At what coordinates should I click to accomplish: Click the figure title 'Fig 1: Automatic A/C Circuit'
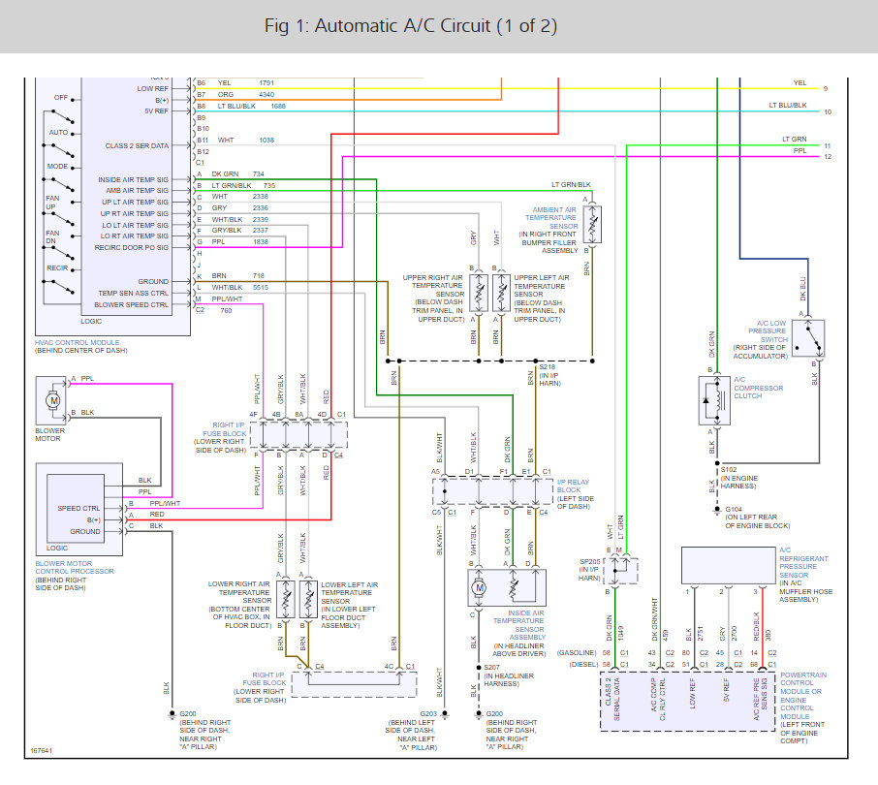tap(410, 25)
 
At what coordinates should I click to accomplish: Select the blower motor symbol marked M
tap(54, 399)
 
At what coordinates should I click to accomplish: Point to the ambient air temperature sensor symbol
tap(591, 225)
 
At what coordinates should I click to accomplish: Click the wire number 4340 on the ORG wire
tap(267, 95)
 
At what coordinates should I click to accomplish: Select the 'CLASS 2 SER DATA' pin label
tap(137, 145)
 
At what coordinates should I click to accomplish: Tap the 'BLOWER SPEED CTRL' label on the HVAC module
tap(133, 304)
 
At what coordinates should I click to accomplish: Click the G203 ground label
tap(428, 715)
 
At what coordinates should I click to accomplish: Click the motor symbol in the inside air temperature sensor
tap(477, 588)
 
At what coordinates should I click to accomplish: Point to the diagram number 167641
tap(42, 749)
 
